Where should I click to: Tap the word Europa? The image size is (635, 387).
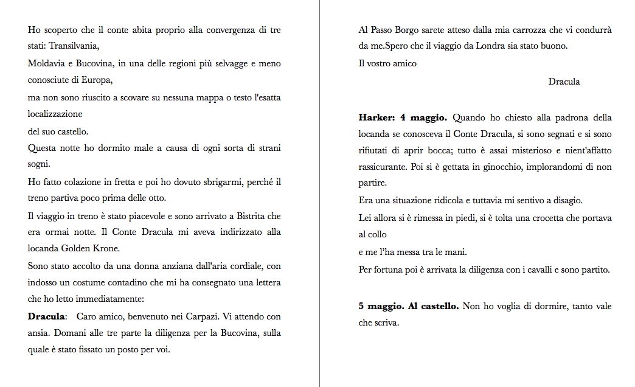100,80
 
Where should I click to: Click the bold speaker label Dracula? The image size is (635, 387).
46,317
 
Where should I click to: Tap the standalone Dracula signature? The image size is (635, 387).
564,82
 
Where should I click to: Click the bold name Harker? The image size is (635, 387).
376,117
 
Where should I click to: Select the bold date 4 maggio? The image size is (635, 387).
424,117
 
